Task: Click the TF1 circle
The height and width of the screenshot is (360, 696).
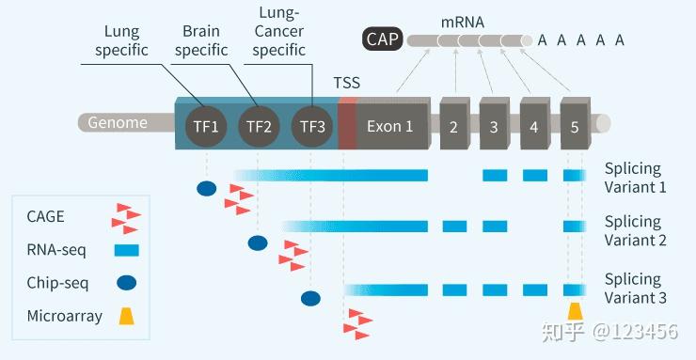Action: (x=205, y=125)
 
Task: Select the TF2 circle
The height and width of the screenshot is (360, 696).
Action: (x=259, y=125)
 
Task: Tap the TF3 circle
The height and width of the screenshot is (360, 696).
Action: (x=312, y=125)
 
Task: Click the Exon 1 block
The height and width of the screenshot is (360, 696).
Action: (x=390, y=126)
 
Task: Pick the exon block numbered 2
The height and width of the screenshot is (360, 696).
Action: (x=453, y=126)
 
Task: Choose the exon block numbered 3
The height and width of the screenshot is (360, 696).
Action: (x=494, y=126)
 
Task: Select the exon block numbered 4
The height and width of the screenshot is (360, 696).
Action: (x=534, y=126)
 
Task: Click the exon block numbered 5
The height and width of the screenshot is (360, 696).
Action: (x=575, y=126)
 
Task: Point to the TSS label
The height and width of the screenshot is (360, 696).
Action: (x=346, y=82)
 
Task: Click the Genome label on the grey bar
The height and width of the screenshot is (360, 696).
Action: (x=118, y=122)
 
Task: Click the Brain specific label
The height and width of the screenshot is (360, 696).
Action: (x=200, y=40)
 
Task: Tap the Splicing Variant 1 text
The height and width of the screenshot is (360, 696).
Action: (x=634, y=178)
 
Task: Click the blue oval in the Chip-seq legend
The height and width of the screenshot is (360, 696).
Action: (x=127, y=282)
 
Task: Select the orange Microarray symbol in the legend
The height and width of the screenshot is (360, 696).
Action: (x=125, y=317)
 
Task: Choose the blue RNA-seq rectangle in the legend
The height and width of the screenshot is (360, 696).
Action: (x=126, y=250)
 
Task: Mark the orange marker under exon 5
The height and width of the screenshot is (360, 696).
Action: (x=575, y=311)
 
